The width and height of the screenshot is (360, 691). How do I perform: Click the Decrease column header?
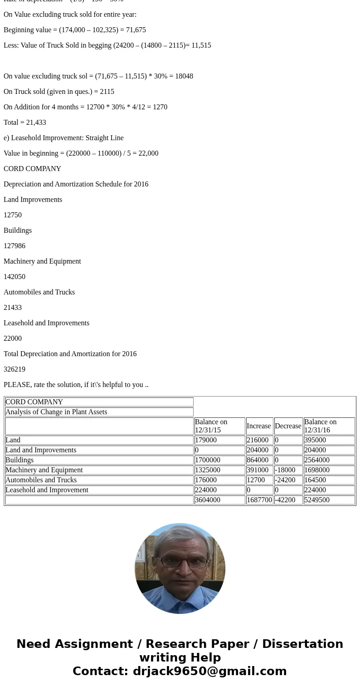[x=288, y=426]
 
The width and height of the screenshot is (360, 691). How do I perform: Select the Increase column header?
[x=258, y=426]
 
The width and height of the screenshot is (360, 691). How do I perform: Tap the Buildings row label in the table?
[x=19, y=460]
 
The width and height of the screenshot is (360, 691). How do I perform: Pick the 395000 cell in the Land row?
[x=315, y=440]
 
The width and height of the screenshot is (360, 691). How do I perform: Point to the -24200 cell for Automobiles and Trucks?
[x=285, y=480]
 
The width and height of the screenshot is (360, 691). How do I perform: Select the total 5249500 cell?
[x=317, y=500]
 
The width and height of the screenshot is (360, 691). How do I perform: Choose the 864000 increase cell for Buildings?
[x=258, y=460]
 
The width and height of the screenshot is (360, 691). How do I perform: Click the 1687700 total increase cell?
[x=259, y=500]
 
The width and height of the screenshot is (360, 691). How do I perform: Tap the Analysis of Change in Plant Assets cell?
[x=56, y=412]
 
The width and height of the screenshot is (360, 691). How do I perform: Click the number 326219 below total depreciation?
[x=15, y=369]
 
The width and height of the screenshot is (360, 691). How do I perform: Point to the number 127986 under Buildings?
[x=15, y=246]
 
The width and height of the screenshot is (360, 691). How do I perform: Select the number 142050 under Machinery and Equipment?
[x=15, y=277]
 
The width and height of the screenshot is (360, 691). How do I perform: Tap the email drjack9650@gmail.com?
[x=209, y=671]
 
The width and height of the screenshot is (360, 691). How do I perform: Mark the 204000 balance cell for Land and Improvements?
[x=315, y=450]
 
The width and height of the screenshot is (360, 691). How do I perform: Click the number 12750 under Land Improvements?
[x=13, y=215]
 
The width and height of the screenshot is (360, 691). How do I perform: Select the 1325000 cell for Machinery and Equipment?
[x=208, y=470]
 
